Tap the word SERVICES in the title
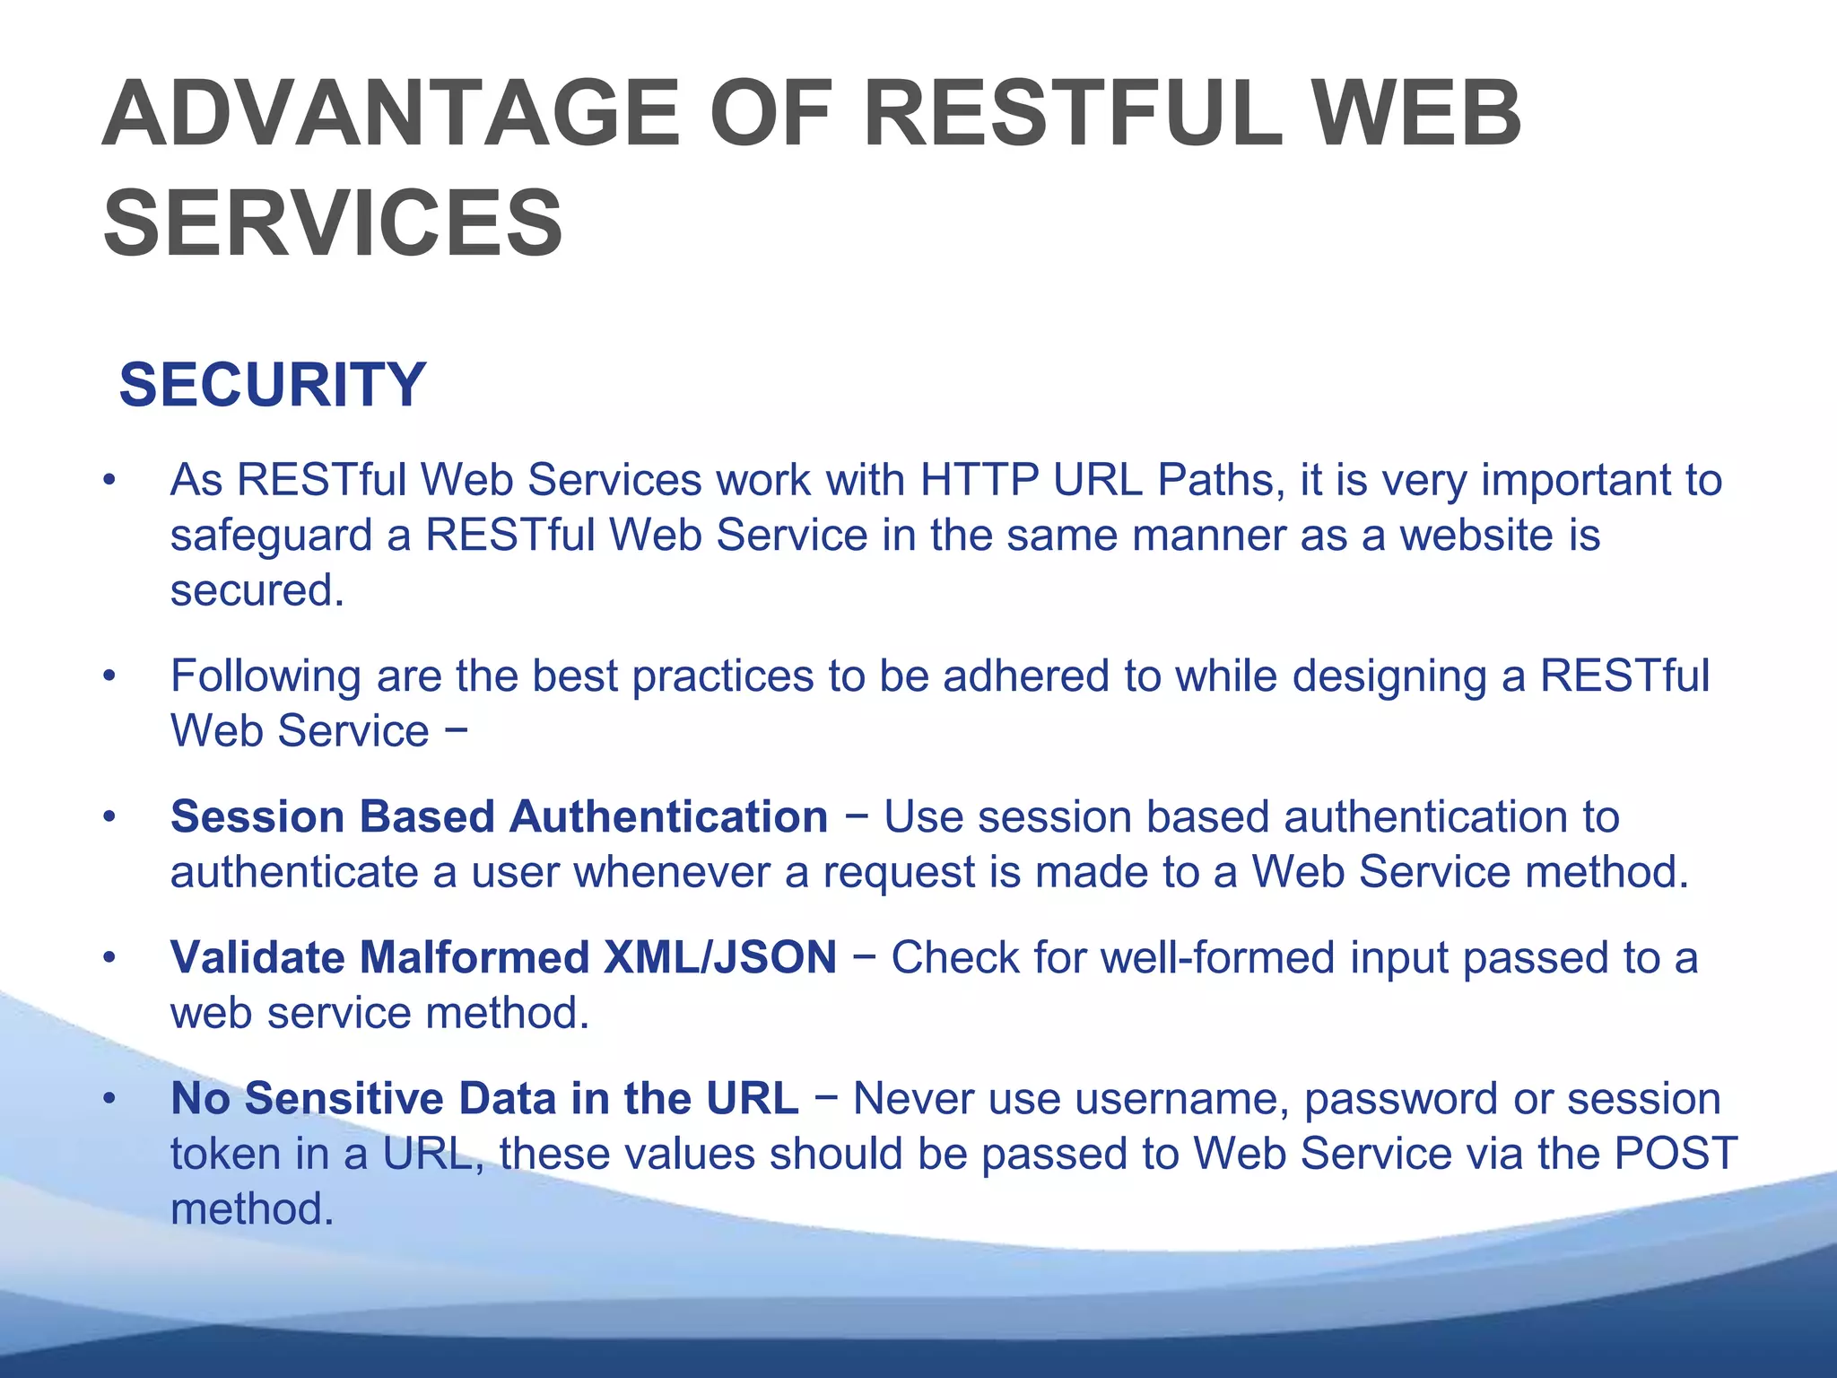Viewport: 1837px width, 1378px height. pos(333,223)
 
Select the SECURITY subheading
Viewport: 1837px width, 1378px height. pos(273,385)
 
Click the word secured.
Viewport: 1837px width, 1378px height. pos(257,590)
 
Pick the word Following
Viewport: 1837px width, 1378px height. pos(266,676)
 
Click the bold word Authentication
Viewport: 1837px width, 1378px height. pos(669,817)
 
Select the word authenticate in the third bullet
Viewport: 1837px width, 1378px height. pos(294,872)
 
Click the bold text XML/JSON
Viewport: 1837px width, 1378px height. pos(720,957)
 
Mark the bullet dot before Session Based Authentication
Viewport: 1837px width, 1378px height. pos(109,817)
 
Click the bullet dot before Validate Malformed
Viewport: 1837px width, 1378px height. pos(109,958)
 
